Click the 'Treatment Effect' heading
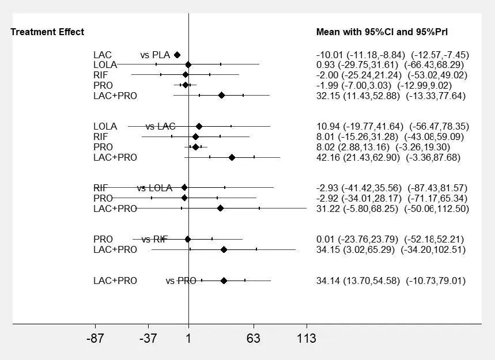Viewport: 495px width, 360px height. [47, 32]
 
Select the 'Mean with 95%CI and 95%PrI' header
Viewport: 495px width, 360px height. [382, 32]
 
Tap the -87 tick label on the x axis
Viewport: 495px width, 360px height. [95, 339]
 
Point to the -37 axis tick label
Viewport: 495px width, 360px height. [148, 339]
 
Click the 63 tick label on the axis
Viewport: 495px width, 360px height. [254, 339]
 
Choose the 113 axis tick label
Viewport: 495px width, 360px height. [307, 339]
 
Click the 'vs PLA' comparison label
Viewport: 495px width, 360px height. [155, 55]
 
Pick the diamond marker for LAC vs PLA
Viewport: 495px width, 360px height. [177, 55]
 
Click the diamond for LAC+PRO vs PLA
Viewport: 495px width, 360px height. [221, 96]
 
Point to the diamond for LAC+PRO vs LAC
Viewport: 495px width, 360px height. [232, 157]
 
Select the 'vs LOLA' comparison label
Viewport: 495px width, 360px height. [154, 188]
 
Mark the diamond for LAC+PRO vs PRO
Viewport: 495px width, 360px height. [224, 281]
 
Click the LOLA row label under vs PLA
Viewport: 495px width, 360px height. [105, 65]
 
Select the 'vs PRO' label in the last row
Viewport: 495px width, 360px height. [181, 281]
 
